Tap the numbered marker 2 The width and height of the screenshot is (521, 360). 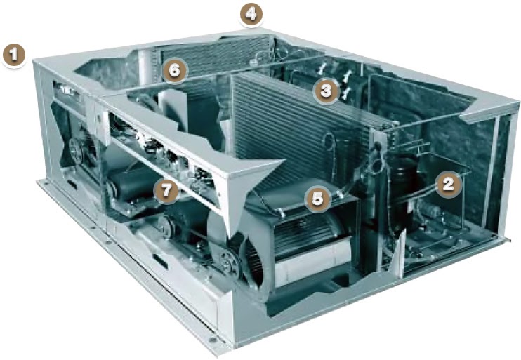click(x=448, y=183)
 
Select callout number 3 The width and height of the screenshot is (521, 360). click(x=325, y=90)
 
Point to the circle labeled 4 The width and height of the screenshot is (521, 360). click(x=250, y=13)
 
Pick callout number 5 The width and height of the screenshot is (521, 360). click(x=318, y=199)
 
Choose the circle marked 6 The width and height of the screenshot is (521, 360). click(x=175, y=69)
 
